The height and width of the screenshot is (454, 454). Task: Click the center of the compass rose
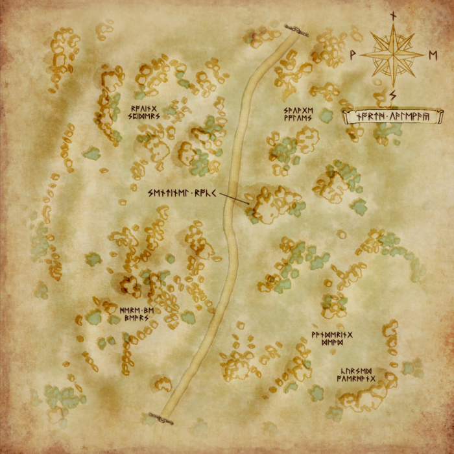pyautogui.click(x=392, y=55)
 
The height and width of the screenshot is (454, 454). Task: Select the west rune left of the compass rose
pyautogui.click(x=352, y=55)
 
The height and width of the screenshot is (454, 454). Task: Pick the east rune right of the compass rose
pyautogui.click(x=433, y=55)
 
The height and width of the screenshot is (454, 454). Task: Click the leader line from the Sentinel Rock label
pyautogui.click(x=233, y=197)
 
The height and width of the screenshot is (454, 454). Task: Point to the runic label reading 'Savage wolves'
pyautogui.click(x=298, y=114)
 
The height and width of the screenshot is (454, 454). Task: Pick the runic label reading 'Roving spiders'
pyautogui.click(x=145, y=112)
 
